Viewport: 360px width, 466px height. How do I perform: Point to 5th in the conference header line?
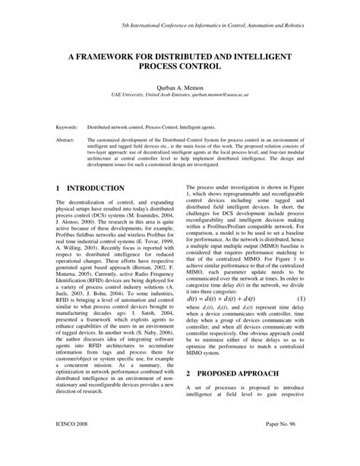pyautogui.click(x=126, y=26)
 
